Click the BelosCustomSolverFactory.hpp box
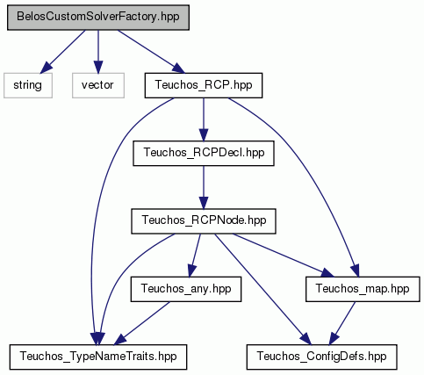(x=98, y=18)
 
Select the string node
(x=28, y=85)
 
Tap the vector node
(x=98, y=85)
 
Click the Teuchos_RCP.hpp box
(x=204, y=85)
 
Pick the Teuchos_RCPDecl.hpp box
(x=204, y=153)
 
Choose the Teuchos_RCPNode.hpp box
(x=204, y=221)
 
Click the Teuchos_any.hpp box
(x=186, y=289)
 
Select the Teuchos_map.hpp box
(x=363, y=289)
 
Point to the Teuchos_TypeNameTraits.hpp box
(x=98, y=357)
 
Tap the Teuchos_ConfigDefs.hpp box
(x=322, y=357)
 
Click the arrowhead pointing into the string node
(x=46, y=68)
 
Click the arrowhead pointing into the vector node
(x=98, y=67)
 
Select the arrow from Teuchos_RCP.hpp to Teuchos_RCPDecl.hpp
(x=204, y=119)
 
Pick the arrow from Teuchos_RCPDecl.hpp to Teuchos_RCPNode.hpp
(x=204, y=187)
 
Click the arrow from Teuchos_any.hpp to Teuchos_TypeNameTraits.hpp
(x=141, y=323)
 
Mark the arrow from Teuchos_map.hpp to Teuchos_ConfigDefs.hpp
(x=342, y=323)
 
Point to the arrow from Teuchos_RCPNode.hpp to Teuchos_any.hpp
(x=195, y=256)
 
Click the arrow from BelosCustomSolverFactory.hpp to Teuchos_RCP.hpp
(x=151, y=52)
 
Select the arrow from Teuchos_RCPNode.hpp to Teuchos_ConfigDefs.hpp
(x=262, y=289)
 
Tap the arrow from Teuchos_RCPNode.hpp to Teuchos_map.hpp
(x=284, y=256)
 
